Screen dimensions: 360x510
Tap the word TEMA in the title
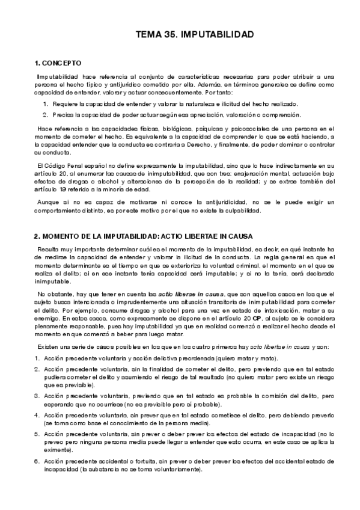[x=149, y=36]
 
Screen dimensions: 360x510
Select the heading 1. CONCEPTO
[x=58, y=63]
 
